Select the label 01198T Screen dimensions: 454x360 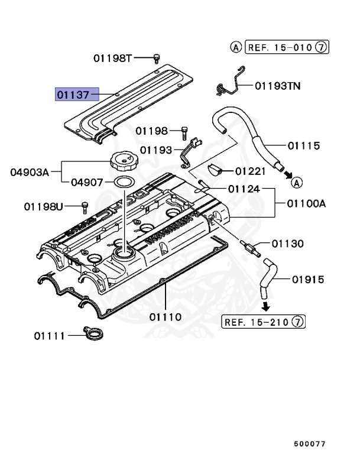pyautogui.click(x=112, y=58)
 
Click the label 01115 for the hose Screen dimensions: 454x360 pyautogui.click(x=304, y=145)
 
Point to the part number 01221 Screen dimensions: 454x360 pyautogui.click(x=252, y=171)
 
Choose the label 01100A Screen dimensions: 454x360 pyautogui.click(x=307, y=204)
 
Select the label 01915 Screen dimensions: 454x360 pyautogui.click(x=305, y=278)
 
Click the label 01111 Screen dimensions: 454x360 pyautogui.click(x=50, y=336)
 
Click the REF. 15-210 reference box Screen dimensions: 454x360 pyautogui.click(x=264, y=322)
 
